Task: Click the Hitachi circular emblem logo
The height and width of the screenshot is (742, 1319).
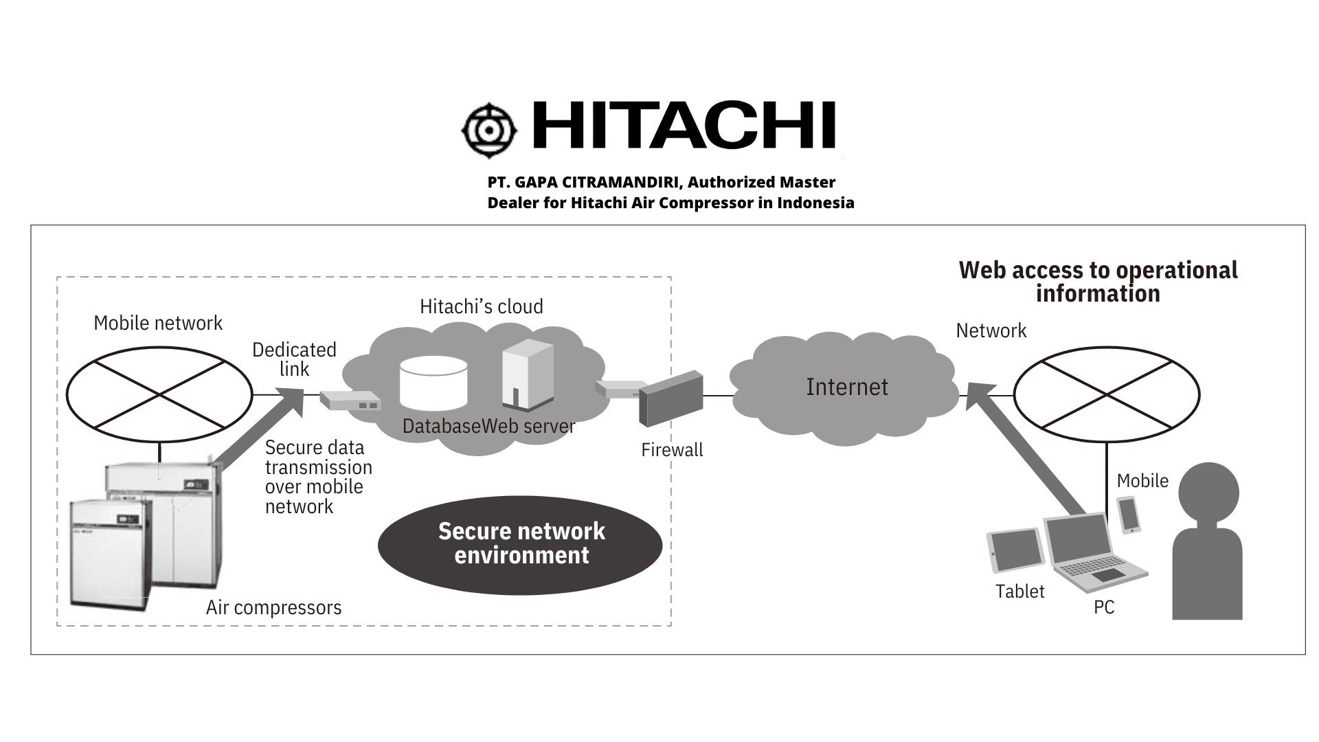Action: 489,129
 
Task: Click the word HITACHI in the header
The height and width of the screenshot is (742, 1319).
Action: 684,126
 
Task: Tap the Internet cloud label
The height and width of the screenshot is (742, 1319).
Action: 846,387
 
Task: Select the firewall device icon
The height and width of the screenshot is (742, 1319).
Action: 670,398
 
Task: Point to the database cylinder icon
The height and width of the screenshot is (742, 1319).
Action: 433,383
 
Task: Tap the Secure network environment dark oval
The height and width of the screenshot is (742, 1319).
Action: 520,544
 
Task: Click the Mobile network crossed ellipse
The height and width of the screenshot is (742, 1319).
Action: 159,394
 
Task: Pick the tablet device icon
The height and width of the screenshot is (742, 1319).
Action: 1015,550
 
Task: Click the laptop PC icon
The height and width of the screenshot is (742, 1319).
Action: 1092,553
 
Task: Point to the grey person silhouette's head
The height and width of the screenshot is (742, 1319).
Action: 1208,492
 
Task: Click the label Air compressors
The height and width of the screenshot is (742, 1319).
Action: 273,608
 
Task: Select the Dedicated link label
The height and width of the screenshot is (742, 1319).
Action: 294,359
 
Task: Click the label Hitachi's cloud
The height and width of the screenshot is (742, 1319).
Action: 481,306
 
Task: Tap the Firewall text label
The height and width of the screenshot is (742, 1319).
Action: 672,450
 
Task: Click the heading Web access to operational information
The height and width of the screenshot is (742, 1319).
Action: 1098,282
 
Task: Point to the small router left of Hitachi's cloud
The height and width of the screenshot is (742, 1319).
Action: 350,401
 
